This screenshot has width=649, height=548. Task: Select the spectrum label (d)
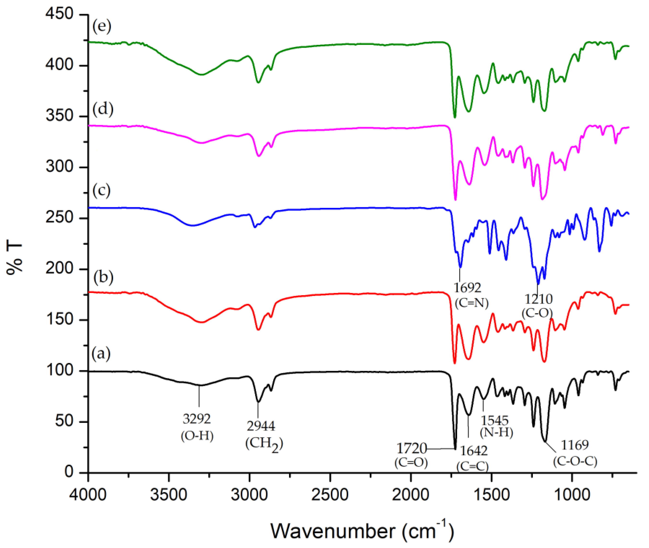[103, 110]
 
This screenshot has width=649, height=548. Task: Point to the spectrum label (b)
[103, 277]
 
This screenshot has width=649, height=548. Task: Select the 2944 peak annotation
[261, 426]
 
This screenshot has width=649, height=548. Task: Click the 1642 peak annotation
[473, 451]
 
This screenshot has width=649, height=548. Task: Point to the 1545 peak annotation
[495, 421]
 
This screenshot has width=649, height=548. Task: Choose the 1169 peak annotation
[575, 445]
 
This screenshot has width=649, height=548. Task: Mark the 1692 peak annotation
[467, 288]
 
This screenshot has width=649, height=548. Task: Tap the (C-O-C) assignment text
[575, 461]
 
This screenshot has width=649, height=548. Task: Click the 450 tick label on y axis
[59, 14]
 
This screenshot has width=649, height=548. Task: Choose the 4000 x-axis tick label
[88, 494]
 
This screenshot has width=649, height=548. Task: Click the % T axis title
[15, 258]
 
